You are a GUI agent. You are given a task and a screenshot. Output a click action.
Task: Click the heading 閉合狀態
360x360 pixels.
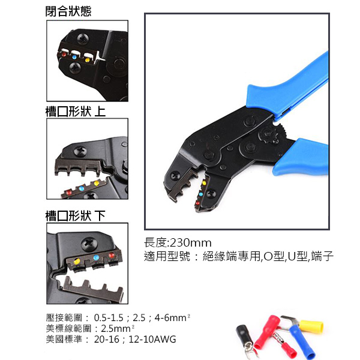coord(69,11)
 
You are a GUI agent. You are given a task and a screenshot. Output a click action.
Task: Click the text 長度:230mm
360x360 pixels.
coord(178,243)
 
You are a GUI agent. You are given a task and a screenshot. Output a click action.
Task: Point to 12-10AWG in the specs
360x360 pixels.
coord(155,339)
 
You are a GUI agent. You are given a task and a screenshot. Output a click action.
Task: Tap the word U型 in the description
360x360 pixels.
coord(298,256)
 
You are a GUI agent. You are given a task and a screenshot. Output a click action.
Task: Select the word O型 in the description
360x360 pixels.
coord(273,256)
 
